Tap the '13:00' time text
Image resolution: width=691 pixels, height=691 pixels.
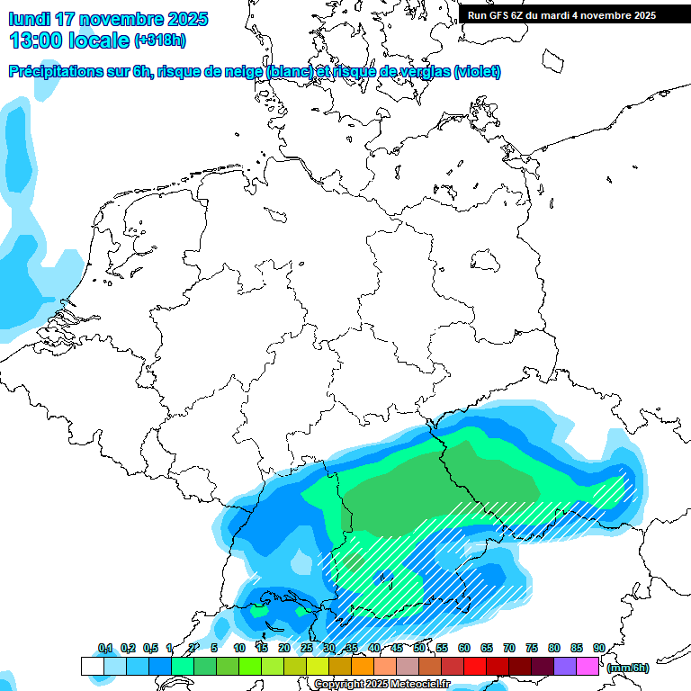click(x=36, y=40)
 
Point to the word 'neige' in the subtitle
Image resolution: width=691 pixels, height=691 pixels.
click(x=243, y=72)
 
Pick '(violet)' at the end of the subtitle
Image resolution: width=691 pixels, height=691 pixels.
click(x=478, y=72)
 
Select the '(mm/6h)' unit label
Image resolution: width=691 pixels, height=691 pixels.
click(x=629, y=668)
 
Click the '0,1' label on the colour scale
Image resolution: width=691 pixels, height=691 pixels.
click(x=105, y=649)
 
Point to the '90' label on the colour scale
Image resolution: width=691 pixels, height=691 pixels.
click(x=599, y=649)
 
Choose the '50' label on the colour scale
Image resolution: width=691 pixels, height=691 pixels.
click(x=419, y=649)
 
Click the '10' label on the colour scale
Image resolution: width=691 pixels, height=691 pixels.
click(x=239, y=649)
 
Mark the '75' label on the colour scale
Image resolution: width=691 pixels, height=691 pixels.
click(x=532, y=649)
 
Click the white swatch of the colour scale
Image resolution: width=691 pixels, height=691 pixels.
click(x=92, y=667)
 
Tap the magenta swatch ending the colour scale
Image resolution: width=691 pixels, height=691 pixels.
click(x=588, y=667)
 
